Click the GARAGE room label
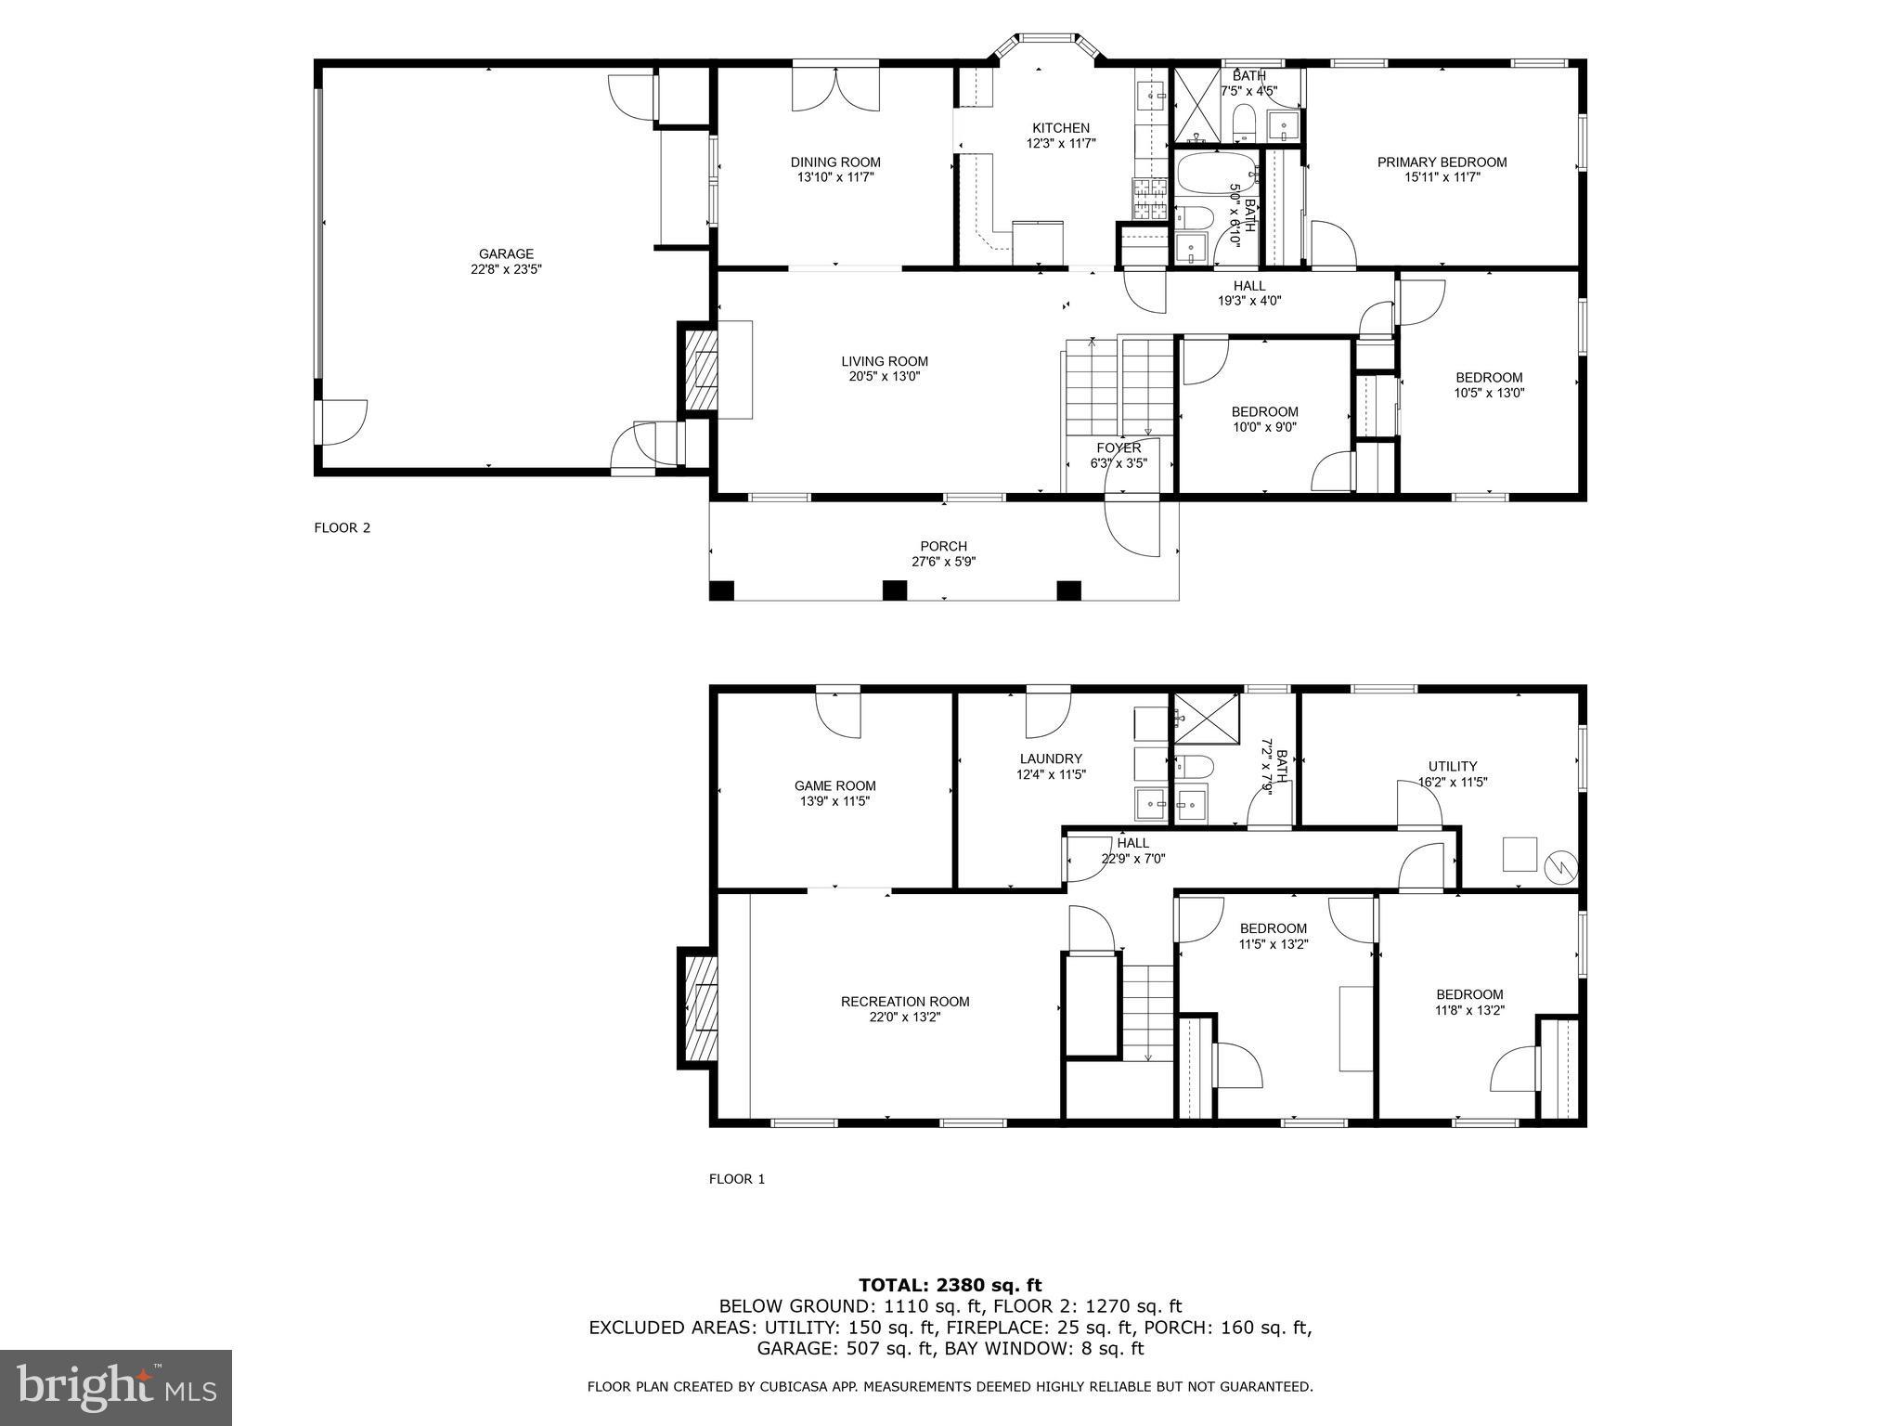pos(506,253)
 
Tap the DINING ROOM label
pos(835,162)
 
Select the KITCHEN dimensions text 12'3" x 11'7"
pos(1061,144)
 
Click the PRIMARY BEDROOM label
pos(1442,162)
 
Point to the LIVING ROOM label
pos(884,362)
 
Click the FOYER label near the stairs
pos(1119,447)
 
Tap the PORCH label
pos(943,547)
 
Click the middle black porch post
pos(894,590)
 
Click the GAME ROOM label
pos(834,785)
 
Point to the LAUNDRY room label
pos(1051,758)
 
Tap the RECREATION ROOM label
pos(904,1002)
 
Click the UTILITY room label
pos(1453,766)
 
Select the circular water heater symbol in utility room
pos(1561,867)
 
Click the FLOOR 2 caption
pos(343,528)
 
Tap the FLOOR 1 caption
pos(737,1179)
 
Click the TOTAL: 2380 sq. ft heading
pos(950,1285)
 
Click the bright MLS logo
pos(116,1387)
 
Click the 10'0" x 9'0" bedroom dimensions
pos(1264,428)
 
